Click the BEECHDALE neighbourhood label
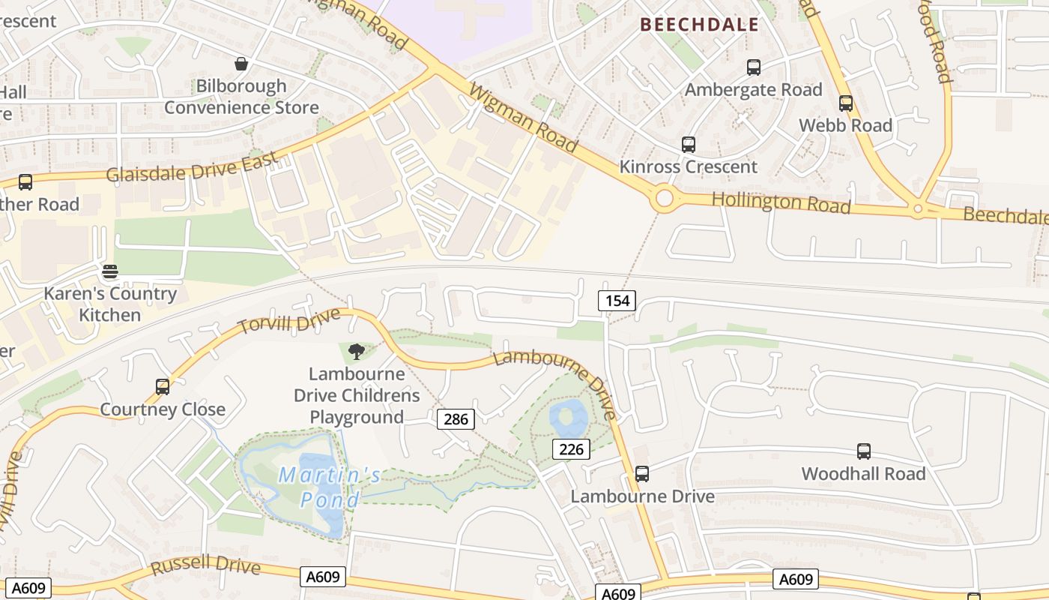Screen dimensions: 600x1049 click(699, 25)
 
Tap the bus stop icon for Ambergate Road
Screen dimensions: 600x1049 click(754, 67)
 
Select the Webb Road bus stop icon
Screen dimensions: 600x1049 click(846, 103)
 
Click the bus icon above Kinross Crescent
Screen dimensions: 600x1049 click(689, 145)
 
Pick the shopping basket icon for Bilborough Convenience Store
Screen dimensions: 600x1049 click(241, 64)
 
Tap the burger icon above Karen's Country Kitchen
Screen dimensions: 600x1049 click(110, 271)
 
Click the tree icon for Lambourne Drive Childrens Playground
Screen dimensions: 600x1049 click(357, 351)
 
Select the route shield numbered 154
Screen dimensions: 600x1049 click(617, 301)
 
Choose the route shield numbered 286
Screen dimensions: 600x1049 click(456, 419)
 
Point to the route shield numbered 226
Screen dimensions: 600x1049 click(572, 449)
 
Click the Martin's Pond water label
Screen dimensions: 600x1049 click(330, 487)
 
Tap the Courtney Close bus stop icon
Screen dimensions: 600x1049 click(163, 387)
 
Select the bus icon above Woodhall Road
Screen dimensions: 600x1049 click(864, 451)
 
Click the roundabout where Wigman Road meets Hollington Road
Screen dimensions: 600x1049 click(664, 199)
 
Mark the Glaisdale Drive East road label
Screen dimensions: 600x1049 click(192, 167)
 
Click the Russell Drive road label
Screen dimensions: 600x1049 click(205, 565)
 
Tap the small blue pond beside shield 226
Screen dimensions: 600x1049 click(568, 417)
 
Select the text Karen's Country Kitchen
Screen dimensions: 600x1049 click(110, 304)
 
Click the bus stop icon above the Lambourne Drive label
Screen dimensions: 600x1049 click(642, 474)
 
